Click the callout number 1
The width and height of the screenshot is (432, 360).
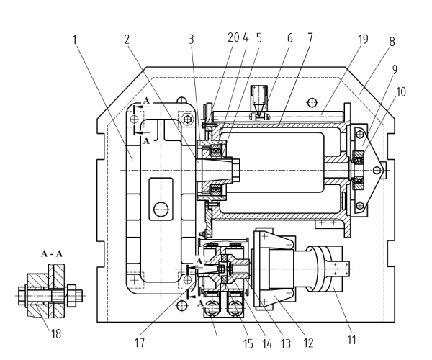(x=74, y=40)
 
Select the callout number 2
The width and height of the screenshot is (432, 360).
(x=127, y=40)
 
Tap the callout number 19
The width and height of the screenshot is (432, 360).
(x=363, y=39)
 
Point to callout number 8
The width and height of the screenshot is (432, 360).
(x=392, y=42)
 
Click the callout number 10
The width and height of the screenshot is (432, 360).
(x=401, y=91)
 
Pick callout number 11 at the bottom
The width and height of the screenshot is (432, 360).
(x=351, y=339)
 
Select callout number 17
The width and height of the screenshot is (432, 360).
(x=140, y=343)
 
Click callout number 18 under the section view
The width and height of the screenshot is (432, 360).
(x=56, y=334)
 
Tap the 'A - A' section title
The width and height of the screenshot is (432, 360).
(x=52, y=253)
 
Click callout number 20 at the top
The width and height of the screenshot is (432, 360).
(x=233, y=37)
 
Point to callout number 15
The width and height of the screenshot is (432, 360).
(x=248, y=343)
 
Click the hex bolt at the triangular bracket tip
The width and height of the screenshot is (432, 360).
(x=377, y=170)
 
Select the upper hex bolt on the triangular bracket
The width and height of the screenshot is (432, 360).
(x=360, y=135)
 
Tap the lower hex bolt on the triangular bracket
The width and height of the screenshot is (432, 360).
(x=360, y=205)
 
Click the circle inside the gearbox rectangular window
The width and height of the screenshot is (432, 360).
(x=161, y=210)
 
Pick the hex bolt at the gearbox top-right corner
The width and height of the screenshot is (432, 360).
(x=188, y=120)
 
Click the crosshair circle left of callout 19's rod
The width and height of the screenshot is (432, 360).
(x=312, y=103)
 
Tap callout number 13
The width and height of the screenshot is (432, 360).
(x=285, y=343)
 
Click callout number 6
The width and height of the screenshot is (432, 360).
(x=289, y=38)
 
